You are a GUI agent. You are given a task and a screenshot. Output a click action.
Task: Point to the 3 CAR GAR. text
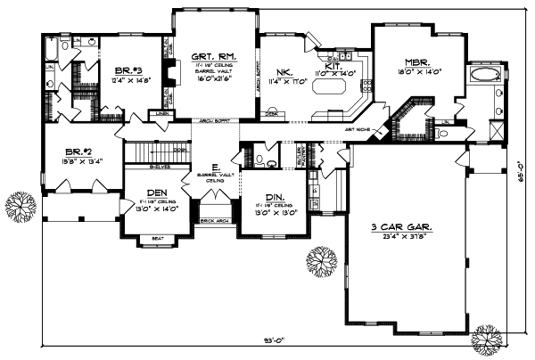[x=401, y=229]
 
